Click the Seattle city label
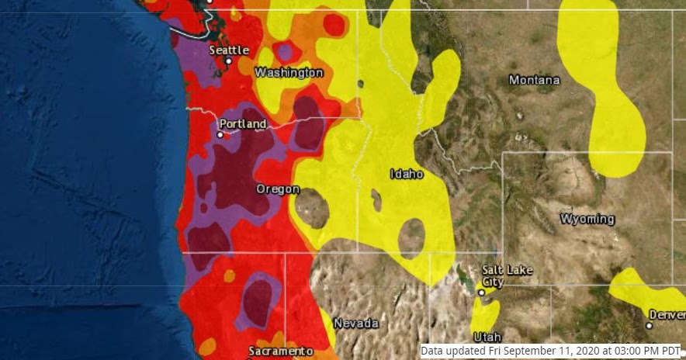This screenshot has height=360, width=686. tap(229, 50)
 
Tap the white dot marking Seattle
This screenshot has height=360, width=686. tap(229, 61)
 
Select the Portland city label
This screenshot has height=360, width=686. tap(242, 124)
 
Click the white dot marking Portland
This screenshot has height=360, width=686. tap(220, 134)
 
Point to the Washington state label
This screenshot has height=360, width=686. tap(289, 72)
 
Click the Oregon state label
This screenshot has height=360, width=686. tap(278, 189)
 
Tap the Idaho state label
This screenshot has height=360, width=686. tap(407, 175)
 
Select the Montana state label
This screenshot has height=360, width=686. tap(534, 80)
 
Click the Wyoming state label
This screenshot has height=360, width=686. tap(587, 219)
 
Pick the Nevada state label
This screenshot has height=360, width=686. tap(355, 323)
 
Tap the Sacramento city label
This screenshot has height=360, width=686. tap(281, 351)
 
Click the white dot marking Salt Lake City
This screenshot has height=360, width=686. tap(481, 293)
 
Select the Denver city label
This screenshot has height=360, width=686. tap(670, 315)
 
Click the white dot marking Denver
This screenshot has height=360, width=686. tap(650, 326)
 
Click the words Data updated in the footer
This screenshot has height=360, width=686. tap(449, 351)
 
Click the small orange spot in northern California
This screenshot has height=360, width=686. tap(229, 275)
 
